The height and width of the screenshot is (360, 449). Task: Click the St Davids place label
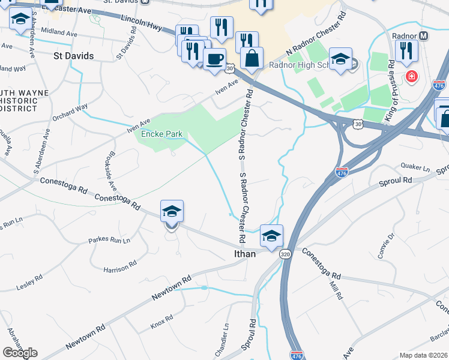73,56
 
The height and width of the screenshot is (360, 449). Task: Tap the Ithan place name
244,254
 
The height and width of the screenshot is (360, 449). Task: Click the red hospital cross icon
412,76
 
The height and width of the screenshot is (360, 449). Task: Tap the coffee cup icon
214,59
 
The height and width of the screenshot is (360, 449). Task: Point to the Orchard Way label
70,112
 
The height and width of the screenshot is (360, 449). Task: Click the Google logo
20,353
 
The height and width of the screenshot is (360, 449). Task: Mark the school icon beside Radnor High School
340,59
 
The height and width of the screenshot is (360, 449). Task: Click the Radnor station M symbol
424,36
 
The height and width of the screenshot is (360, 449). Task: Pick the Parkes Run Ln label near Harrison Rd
109,241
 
